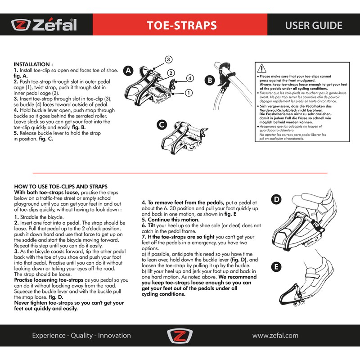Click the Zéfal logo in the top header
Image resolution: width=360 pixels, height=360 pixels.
click(x=44, y=25)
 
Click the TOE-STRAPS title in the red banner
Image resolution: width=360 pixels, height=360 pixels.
click(x=182, y=25)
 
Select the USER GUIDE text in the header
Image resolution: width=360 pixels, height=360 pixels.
click(x=314, y=25)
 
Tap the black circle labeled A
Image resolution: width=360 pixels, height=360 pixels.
click(x=129, y=71)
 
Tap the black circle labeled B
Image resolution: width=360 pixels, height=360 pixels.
click(x=209, y=81)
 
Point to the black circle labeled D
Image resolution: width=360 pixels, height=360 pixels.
click(x=277, y=199)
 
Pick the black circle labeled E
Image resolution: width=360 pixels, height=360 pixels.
click(x=277, y=267)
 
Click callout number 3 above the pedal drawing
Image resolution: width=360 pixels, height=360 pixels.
click(x=168, y=59)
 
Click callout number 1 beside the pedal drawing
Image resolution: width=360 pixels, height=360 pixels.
click(x=189, y=93)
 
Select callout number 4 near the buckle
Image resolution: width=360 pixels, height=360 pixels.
click(x=189, y=78)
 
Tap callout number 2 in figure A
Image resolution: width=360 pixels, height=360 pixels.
click(x=171, y=72)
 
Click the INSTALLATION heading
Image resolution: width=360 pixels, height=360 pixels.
click(x=34, y=64)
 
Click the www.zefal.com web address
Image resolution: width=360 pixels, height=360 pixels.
click(x=275, y=336)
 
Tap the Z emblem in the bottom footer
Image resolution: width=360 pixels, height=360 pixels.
click(x=180, y=336)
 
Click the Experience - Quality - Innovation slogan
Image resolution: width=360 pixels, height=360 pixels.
click(x=81, y=336)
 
